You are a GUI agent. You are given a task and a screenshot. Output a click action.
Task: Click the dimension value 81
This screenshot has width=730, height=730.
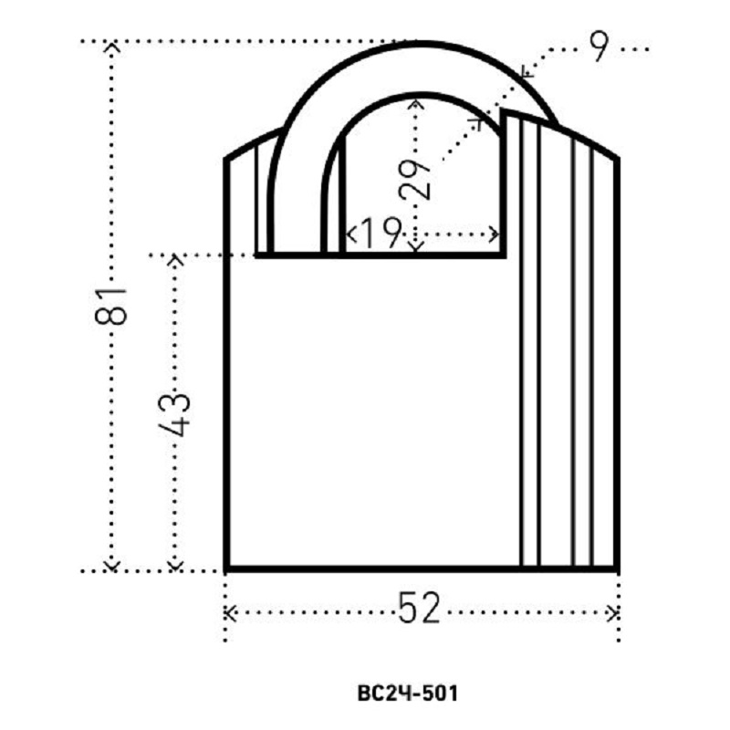[x=110, y=306]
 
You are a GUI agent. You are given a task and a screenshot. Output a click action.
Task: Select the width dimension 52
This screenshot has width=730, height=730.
[x=419, y=608]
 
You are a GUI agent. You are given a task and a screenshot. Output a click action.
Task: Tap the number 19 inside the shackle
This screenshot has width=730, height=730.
[x=380, y=233]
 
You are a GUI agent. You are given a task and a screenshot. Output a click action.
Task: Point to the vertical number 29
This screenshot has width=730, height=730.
[x=415, y=180]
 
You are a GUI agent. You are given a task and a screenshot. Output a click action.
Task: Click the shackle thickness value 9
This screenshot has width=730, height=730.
[x=599, y=47]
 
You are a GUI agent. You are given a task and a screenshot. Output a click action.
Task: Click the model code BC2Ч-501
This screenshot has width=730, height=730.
[x=408, y=693]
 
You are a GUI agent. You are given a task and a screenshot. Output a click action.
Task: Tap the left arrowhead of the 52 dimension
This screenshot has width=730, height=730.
[x=229, y=613]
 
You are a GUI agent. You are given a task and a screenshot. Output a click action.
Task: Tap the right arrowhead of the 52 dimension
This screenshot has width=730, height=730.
[x=613, y=613]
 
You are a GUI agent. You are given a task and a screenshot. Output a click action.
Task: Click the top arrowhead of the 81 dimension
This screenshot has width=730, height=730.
[x=111, y=47]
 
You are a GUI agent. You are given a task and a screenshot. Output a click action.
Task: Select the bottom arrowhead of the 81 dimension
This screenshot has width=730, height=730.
[x=111, y=566]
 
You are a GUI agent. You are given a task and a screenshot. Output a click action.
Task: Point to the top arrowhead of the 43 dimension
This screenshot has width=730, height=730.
[x=175, y=259]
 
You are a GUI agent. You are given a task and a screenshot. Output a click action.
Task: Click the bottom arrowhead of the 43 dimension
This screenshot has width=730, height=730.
[x=175, y=566]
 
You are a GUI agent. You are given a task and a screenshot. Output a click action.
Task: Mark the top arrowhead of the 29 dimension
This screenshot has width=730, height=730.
[x=416, y=103]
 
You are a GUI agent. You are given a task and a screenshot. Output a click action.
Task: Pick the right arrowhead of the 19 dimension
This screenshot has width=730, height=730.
[x=495, y=234]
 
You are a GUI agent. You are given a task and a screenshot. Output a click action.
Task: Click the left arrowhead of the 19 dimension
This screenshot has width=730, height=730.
[x=350, y=234]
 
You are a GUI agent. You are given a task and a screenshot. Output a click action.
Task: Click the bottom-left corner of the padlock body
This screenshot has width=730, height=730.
[x=226, y=569]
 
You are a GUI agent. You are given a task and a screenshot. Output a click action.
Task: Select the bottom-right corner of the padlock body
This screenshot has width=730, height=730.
[x=618, y=569]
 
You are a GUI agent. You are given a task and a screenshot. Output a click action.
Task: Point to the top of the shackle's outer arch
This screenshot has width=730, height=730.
[x=422, y=44]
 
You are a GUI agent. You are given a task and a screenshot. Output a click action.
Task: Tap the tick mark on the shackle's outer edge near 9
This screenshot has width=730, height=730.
[x=526, y=72]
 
